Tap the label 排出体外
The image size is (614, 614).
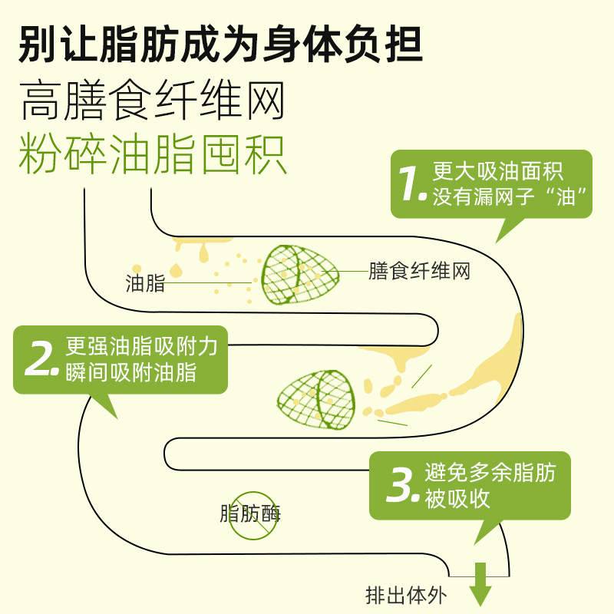[x=405, y=596]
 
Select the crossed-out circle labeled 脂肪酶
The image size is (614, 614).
[x=252, y=513]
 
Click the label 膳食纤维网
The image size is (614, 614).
[x=419, y=272]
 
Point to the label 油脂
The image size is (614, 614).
[x=145, y=283]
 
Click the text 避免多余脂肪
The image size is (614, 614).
[x=490, y=473]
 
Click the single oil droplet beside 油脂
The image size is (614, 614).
[x=177, y=269]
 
